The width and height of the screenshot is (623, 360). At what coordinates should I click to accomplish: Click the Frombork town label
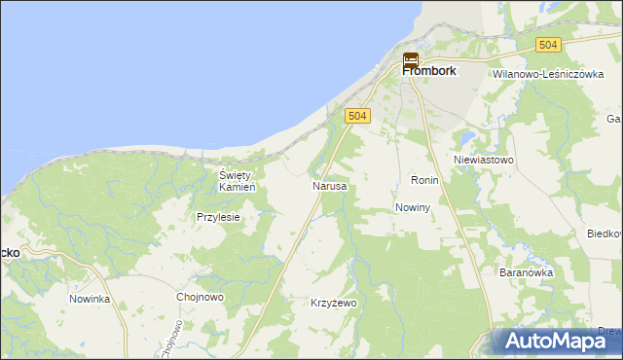[429, 71]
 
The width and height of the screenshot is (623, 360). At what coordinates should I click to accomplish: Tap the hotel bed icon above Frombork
[411, 59]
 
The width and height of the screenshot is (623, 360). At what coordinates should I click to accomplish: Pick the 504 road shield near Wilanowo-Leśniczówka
[549, 45]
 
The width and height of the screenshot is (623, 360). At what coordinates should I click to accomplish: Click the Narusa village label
[329, 185]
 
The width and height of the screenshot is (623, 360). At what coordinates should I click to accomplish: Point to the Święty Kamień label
[237, 180]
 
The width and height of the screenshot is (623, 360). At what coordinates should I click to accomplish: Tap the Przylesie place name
[218, 218]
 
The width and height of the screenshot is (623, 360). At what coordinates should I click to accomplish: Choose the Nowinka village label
[90, 299]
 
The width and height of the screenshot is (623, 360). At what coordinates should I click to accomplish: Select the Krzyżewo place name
[334, 303]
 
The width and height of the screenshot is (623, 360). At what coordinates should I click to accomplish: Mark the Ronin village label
[425, 181]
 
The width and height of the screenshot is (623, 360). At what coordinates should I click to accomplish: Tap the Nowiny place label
[414, 208]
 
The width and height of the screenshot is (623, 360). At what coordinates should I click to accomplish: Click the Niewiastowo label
[484, 159]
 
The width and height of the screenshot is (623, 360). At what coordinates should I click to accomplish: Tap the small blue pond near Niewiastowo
[469, 135]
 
